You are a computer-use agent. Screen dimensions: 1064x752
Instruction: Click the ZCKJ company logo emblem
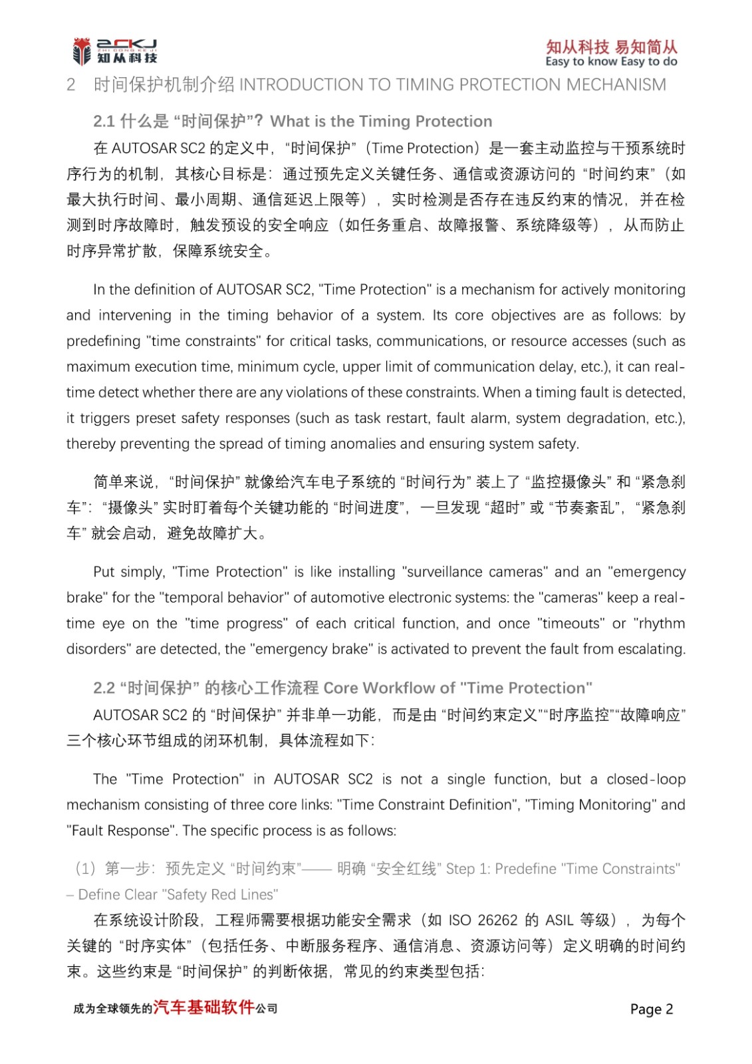[x=82, y=51]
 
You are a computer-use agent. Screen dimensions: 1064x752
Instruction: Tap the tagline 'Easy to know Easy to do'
[x=611, y=62]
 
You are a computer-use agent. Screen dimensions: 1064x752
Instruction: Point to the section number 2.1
[x=104, y=122]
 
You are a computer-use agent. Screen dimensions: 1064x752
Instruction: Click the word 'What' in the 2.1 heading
[x=290, y=122]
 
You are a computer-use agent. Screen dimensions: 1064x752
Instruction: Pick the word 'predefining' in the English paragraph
[x=103, y=341]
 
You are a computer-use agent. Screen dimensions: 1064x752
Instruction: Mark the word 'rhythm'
[x=661, y=624]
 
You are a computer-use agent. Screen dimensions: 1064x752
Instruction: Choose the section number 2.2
[x=104, y=688]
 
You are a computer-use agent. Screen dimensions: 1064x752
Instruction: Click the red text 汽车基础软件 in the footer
[x=204, y=1007]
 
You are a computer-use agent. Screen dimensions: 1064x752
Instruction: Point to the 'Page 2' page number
[x=652, y=1009]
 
